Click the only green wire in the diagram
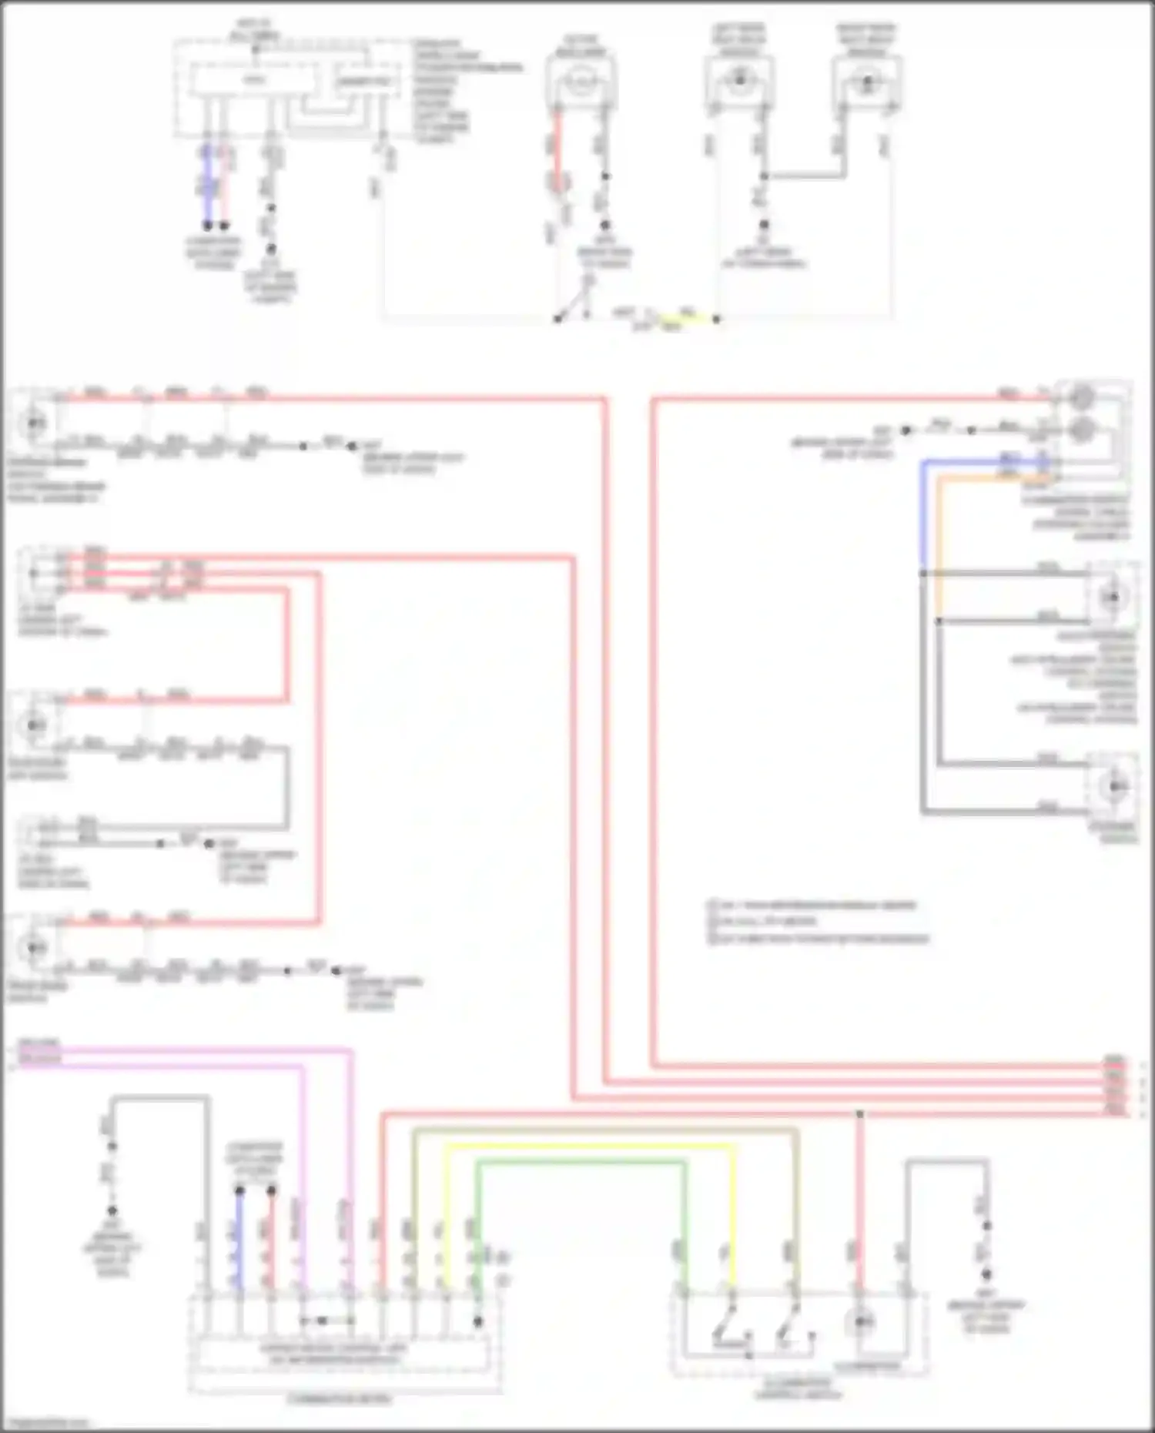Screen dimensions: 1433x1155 [x=577, y=1163]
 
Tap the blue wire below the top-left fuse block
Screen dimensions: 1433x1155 [x=206, y=185]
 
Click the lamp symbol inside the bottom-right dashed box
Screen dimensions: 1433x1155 [x=860, y=1323]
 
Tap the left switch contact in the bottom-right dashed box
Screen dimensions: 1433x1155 [x=724, y=1326]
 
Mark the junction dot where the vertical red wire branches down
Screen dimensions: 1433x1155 [x=860, y=1114]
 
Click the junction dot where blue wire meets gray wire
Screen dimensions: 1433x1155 [x=922, y=574]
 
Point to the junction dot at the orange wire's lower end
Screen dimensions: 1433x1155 [x=939, y=620]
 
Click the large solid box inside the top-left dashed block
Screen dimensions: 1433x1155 [x=254, y=81]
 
